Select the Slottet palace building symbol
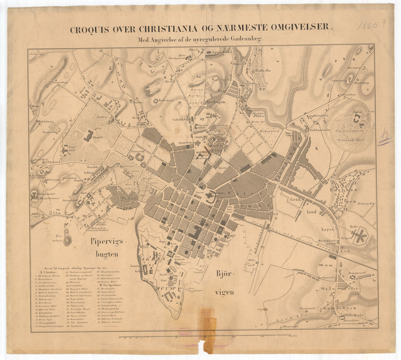click(x=90, y=135)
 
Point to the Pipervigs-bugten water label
click(x=108, y=248)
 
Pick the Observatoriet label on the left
click(x=46, y=194)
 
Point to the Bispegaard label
click(x=357, y=273)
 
